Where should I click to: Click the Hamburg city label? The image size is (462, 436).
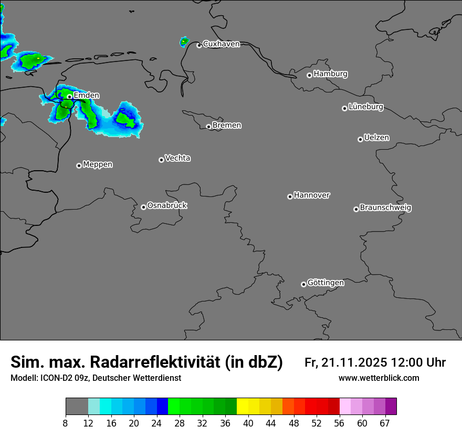[x=330, y=74]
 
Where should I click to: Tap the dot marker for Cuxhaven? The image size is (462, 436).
[x=199, y=46]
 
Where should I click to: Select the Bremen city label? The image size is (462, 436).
[x=227, y=126]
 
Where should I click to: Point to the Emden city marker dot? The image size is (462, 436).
[x=69, y=97]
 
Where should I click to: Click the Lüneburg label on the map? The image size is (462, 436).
[x=366, y=107]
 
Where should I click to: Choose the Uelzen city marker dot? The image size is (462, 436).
[x=360, y=139]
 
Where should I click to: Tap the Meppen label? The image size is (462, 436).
[x=98, y=164]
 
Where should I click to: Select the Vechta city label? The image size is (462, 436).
[x=177, y=158]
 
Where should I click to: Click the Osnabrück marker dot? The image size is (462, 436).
[x=143, y=207]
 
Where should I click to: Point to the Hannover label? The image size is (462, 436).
[x=312, y=195]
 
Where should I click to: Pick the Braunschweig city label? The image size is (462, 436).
[x=385, y=208]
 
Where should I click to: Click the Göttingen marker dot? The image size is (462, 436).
[x=303, y=284]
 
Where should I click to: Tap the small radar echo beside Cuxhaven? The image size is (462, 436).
[x=184, y=41]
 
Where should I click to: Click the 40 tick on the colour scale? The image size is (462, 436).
[x=248, y=423]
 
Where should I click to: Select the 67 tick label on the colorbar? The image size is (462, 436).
[x=385, y=423]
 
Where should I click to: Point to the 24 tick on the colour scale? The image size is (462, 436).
[x=156, y=423]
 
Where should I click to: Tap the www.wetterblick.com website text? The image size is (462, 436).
[x=379, y=378]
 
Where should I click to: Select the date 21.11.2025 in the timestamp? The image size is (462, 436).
[x=354, y=362]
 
